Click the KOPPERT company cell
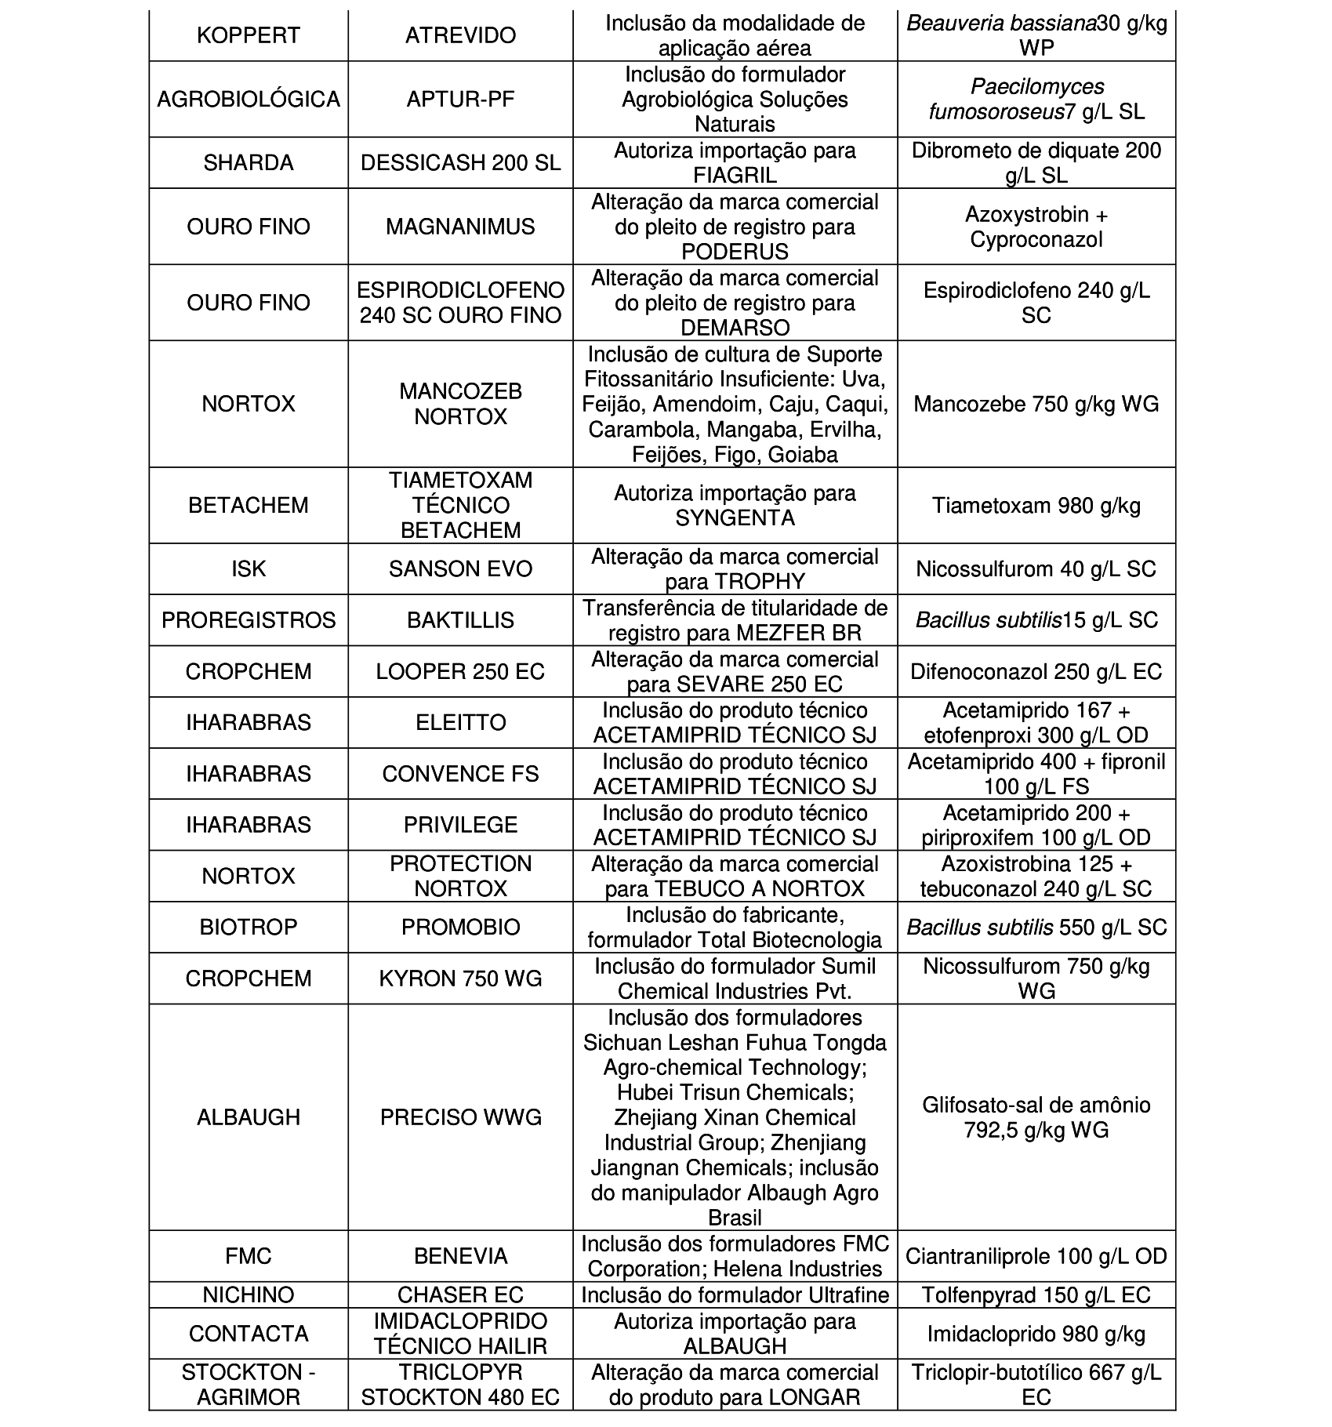point(248,36)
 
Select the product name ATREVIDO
point(460,36)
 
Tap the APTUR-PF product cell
point(460,100)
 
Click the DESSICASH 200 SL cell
point(460,163)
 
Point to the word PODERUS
point(735,252)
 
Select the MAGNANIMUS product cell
point(460,227)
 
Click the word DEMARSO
point(735,328)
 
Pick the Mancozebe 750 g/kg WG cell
point(1036,405)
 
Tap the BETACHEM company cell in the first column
point(248,505)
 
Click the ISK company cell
point(248,569)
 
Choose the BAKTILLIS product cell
point(460,620)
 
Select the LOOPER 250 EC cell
point(460,672)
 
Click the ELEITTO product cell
point(460,722)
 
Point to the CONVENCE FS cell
point(460,774)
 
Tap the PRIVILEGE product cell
point(460,825)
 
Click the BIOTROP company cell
point(248,928)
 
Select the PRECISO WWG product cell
point(460,1117)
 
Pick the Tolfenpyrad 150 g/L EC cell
point(1036,1294)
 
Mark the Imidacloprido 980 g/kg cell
point(1036,1334)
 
